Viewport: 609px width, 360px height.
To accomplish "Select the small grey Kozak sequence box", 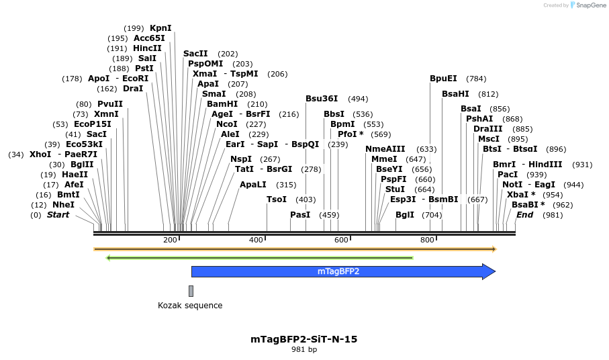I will click(x=191, y=291).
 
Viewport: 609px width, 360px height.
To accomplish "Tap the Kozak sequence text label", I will click(x=190, y=306).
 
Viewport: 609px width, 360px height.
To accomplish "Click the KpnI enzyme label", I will click(x=160, y=28).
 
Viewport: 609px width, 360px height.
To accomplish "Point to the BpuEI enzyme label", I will click(x=443, y=79).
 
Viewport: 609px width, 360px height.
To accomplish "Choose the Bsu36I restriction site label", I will click(x=322, y=99).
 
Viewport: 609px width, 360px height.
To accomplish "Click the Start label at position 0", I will click(x=58, y=215).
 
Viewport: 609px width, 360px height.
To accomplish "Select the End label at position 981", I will click(x=525, y=215).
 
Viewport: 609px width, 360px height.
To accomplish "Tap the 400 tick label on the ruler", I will click(x=256, y=240).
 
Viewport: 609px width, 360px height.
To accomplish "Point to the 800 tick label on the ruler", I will click(x=427, y=240).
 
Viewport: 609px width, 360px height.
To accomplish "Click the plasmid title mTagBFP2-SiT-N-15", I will click(x=304, y=339).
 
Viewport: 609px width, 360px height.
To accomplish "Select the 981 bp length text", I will click(x=304, y=350).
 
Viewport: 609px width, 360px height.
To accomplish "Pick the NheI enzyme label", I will click(x=63, y=205).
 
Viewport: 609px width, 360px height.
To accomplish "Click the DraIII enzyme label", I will click(x=487, y=129).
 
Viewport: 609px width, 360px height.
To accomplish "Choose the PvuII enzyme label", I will click(x=110, y=104).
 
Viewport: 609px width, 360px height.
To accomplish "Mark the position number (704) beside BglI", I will click(x=432, y=215).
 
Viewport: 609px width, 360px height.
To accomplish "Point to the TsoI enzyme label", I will click(x=277, y=199).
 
